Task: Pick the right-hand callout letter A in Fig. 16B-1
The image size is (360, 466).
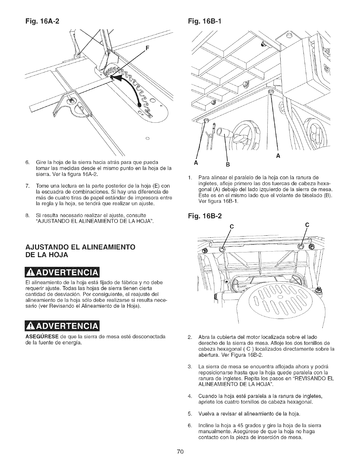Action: [279, 157]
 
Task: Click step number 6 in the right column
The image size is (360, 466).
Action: [190, 425]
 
